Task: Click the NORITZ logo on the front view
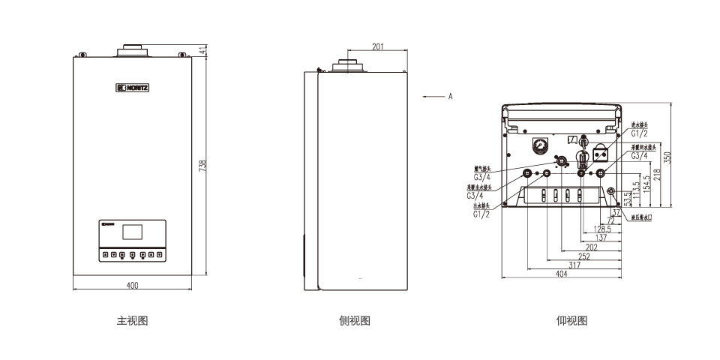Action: click(x=133, y=88)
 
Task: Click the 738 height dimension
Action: click(x=202, y=166)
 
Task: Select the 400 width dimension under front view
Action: click(x=132, y=285)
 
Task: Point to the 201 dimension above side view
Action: click(x=378, y=46)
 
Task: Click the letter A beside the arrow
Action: click(x=450, y=96)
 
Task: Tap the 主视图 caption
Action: click(x=132, y=321)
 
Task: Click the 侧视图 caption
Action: click(x=355, y=321)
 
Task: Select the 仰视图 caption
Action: click(x=571, y=321)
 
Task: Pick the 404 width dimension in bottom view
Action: click(x=561, y=274)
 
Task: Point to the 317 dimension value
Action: click(x=574, y=265)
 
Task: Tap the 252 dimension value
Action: click(x=584, y=256)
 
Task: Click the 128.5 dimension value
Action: click(x=602, y=229)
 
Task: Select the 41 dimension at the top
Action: click(x=202, y=49)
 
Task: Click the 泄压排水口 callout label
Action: click(x=642, y=217)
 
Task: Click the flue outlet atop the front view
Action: click(x=132, y=52)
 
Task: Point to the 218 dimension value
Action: click(x=656, y=174)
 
